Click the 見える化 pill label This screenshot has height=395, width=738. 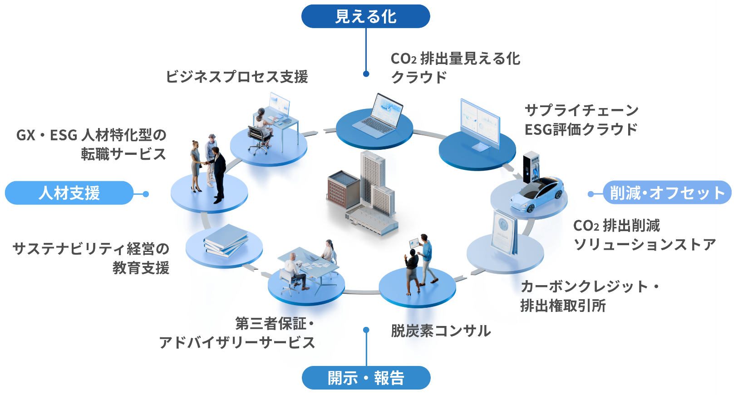(x=365, y=17)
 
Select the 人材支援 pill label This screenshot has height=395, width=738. (x=69, y=193)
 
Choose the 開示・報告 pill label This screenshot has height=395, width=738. (x=365, y=378)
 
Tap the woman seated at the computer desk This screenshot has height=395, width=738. (x=262, y=121)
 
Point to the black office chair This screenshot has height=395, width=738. (x=257, y=138)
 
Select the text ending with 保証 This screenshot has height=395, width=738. (x=272, y=324)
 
